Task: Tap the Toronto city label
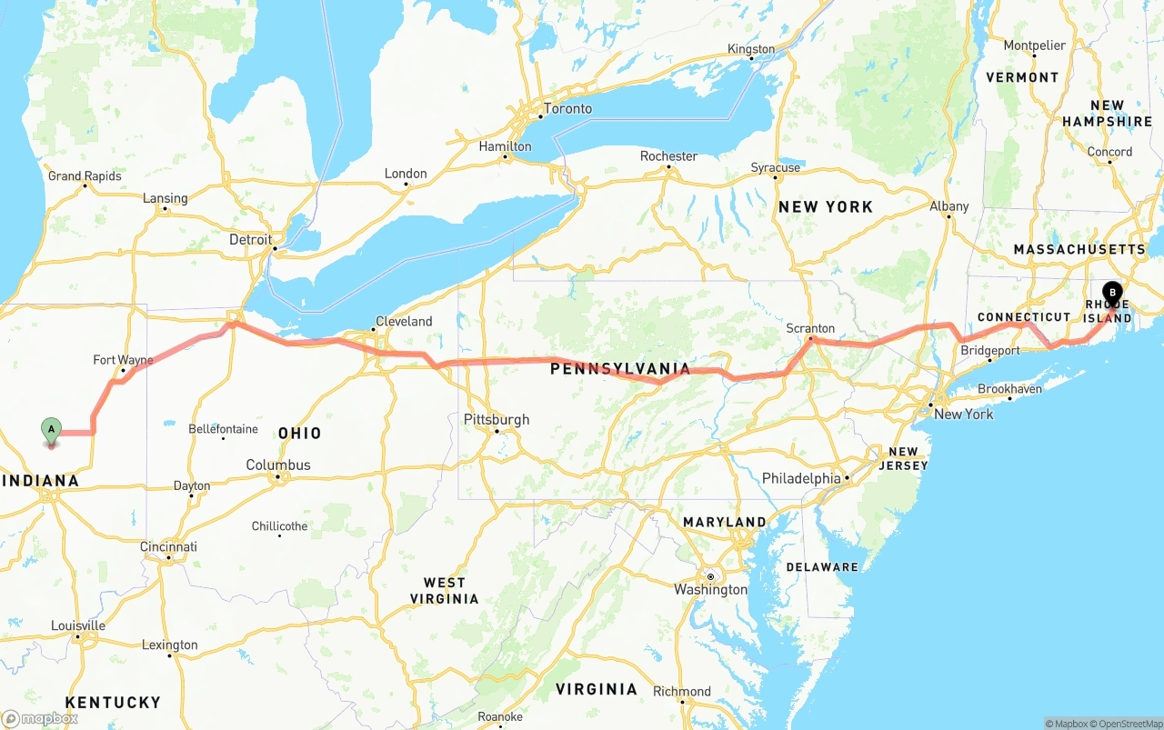click(x=567, y=109)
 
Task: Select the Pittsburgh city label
click(x=497, y=420)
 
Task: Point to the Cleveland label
click(x=404, y=321)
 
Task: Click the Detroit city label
click(x=251, y=240)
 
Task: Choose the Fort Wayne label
click(x=123, y=360)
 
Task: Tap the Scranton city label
click(x=810, y=328)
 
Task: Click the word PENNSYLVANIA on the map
click(x=620, y=368)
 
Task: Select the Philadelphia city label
click(x=801, y=478)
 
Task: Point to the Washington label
click(x=711, y=589)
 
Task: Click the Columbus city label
click(x=278, y=465)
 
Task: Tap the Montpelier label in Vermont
click(x=1034, y=45)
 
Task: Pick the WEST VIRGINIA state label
click(x=444, y=590)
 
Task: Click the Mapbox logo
click(x=40, y=718)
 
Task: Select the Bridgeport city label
click(x=990, y=350)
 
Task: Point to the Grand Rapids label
click(x=85, y=176)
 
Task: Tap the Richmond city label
click(x=682, y=691)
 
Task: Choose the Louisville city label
click(x=78, y=625)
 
